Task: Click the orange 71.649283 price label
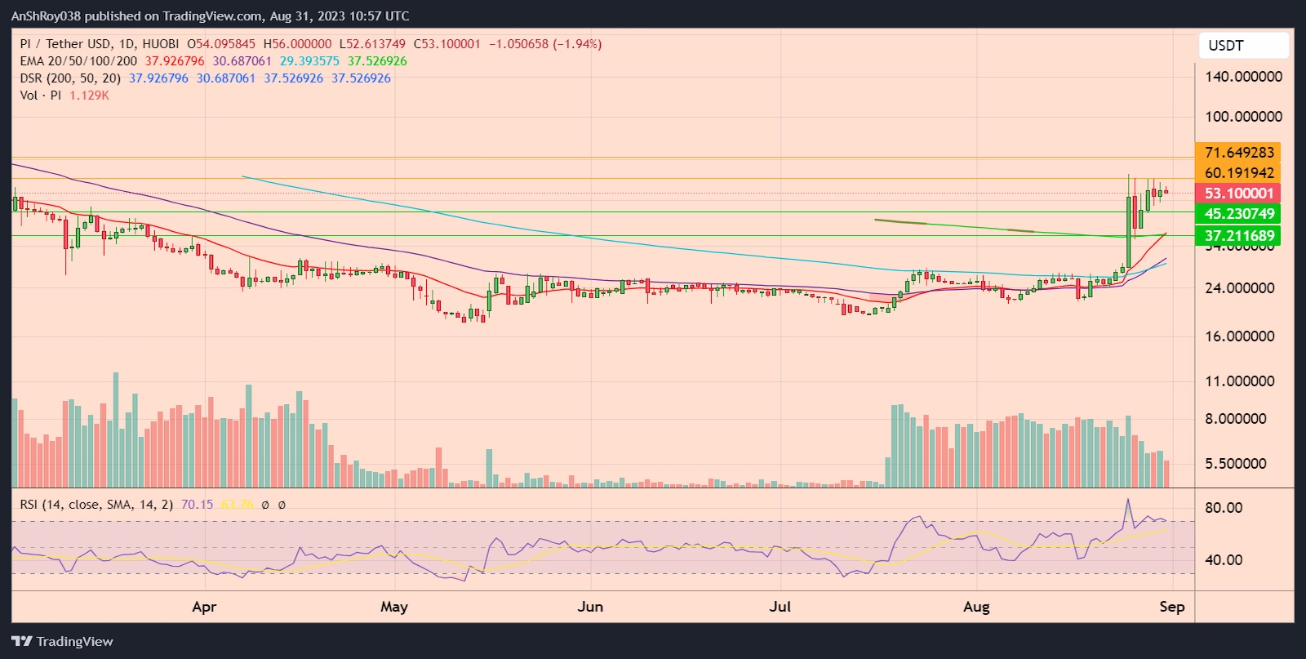[1238, 153]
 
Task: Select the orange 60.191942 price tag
[1238, 173]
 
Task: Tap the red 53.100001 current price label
[1238, 194]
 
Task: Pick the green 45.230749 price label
[1238, 214]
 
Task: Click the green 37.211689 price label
[1238, 236]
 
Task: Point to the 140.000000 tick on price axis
[1243, 77]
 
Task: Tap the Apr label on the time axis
[204, 607]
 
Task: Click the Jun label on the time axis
[590, 607]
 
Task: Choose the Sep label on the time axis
[1172, 607]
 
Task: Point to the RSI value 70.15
[197, 505]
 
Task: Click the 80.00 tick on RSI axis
[1224, 508]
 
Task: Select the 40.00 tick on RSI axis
[1224, 560]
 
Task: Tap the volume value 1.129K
[89, 96]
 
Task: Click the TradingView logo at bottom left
[62, 642]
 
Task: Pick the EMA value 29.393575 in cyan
[309, 61]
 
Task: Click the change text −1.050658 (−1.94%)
[545, 44]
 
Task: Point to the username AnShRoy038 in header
[46, 16]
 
